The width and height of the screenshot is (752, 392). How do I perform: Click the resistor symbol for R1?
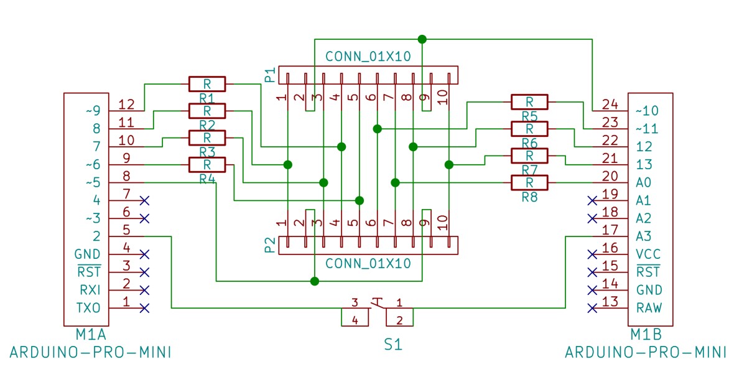pyautogui.click(x=207, y=84)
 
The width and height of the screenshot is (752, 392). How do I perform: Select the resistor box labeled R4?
pyautogui.click(x=207, y=165)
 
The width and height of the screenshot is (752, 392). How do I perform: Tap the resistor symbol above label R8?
pyautogui.click(x=529, y=183)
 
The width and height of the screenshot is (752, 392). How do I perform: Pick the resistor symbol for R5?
pyautogui.click(x=529, y=102)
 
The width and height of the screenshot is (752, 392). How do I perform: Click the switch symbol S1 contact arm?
pyautogui.click(x=378, y=303)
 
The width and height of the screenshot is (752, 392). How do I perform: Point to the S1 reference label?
pyautogui.click(x=392, y=345)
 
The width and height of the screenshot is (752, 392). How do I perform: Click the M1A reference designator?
pyautogui.click(x=91, y=335)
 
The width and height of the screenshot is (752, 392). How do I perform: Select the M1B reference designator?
pyautogui.click(x=646, y=335)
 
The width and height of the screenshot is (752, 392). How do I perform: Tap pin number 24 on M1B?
pyautogui.click(x=610, y=105)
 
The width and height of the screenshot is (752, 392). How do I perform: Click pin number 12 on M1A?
pyautogui.click(x=126, y=105)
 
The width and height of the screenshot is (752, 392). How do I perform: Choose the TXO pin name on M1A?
pyautogui.click(x=88, y=307)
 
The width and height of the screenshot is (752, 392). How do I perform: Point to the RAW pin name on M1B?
pyautogui.click(x=649, y=307)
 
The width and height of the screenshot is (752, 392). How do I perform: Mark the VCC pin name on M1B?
pyautogui.click(x=648, y=254)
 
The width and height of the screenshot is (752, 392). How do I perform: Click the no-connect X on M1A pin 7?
pyautogui.click(x=144, y=201)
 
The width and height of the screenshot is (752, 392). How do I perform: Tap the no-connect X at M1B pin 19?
pyautogui.click(x=592, y=201)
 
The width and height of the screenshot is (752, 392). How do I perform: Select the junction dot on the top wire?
pyautogui.click(x=422, y=39)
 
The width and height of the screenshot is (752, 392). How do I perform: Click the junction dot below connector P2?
pyautogui.click(x=315, y=281)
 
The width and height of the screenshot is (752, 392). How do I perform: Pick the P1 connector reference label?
pyautogui.click(x=270, y=75)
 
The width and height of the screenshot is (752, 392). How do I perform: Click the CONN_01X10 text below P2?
pyautogui.click(x=368, y=264)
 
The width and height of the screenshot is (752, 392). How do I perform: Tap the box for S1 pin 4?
pyautogui.click(x=355, y=317)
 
